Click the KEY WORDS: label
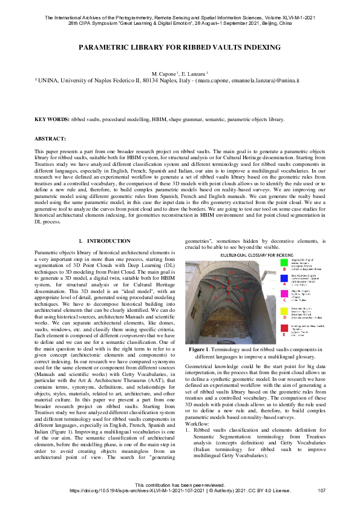[x=51, y=120]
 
